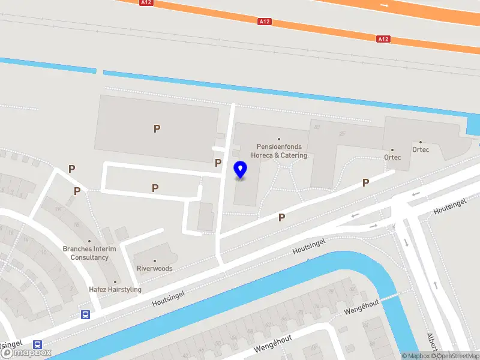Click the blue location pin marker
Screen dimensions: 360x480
pos(241,170)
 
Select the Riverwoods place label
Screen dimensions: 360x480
pos(154,268)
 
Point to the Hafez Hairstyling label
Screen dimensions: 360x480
pos(115,289)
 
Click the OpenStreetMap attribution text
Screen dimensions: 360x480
pos(454,356)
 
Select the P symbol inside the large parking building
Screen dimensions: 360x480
pos(157,128)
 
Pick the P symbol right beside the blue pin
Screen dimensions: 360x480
pos(218,163)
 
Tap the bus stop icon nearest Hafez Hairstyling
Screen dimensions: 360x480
pos(86,314)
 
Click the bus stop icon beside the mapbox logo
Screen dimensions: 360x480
pos(38,345)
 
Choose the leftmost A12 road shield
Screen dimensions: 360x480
pos(146,2)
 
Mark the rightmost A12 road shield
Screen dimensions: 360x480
pos(383,39)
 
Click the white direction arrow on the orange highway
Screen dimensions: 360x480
pos(384,5)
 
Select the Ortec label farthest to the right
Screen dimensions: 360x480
pos(420,149)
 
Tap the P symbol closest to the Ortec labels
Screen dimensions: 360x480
pos(365,182)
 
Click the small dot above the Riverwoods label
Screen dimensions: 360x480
pos(154,261)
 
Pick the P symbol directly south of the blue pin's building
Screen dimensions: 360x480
pos(281,218)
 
